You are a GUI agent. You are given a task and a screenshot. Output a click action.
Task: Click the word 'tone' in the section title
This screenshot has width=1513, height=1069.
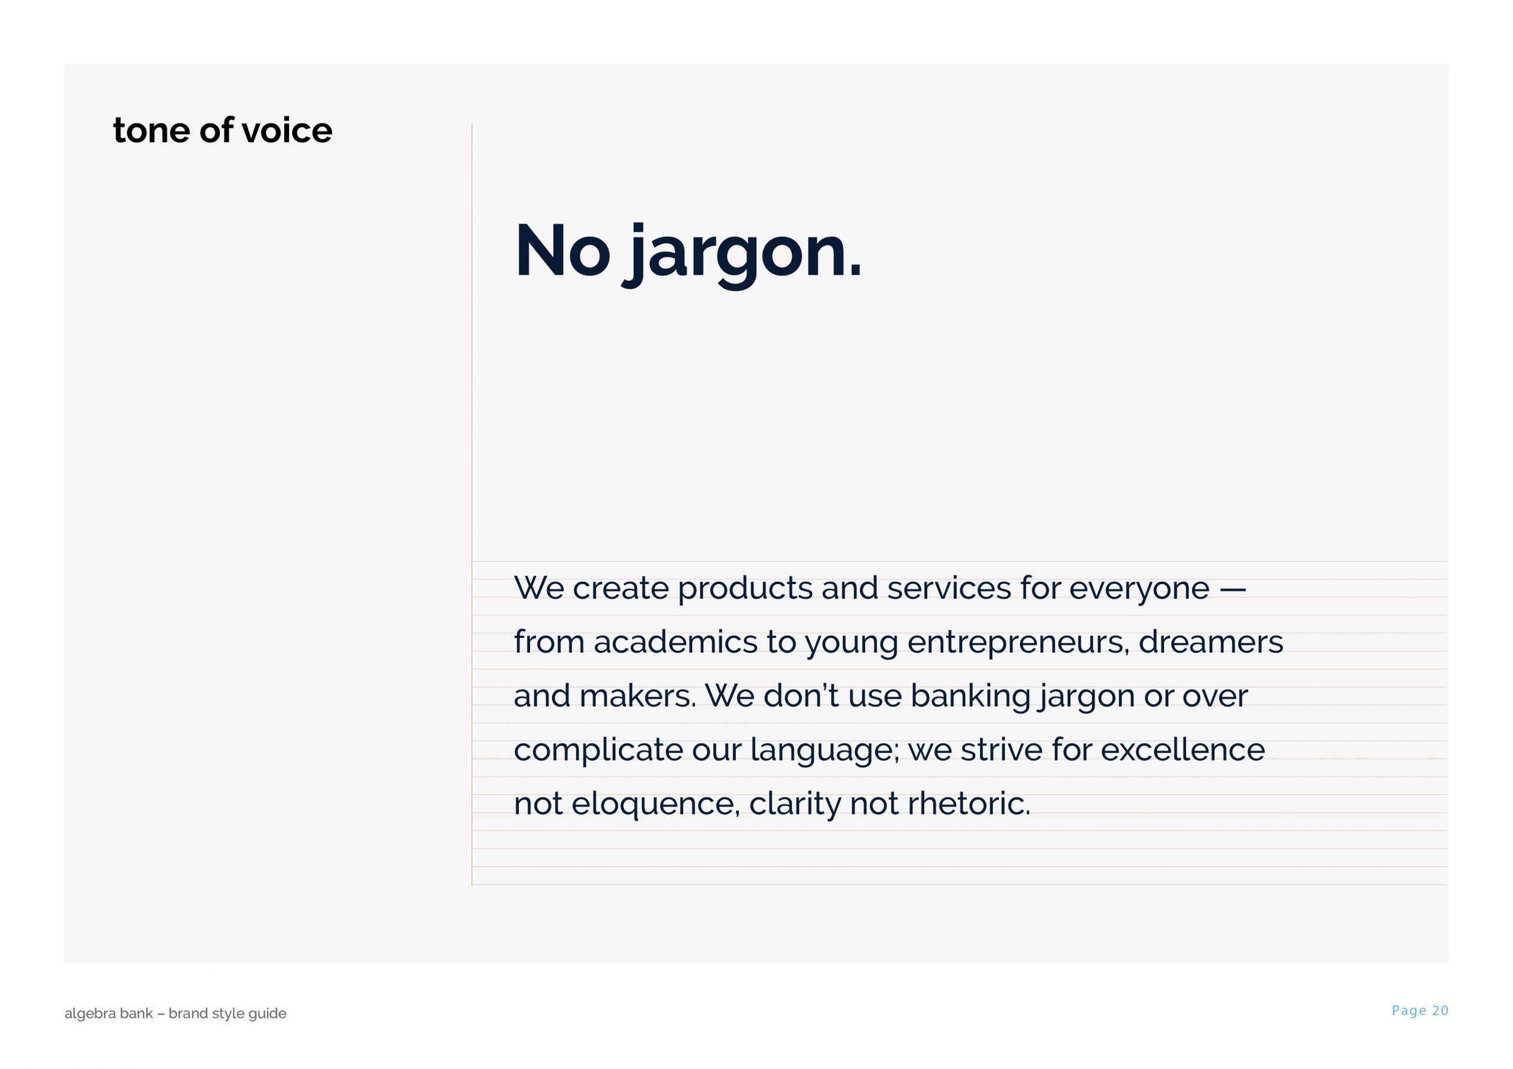tap(151, 131)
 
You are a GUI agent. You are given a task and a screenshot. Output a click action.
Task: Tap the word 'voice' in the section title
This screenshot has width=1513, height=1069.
tap(287, 131)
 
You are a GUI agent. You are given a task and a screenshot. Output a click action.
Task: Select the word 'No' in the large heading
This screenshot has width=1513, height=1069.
tap(562, 251)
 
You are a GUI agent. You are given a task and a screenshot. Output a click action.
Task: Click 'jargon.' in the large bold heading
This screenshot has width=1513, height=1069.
tap(742, 256)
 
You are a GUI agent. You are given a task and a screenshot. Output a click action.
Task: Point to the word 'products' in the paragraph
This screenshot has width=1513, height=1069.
tap(745, 589)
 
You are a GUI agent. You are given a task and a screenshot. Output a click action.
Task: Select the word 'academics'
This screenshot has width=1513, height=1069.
tap(676, 641)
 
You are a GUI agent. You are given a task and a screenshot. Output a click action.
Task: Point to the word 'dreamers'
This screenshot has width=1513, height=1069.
tap(1210, 641)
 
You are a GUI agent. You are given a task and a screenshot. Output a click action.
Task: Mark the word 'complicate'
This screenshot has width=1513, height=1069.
tap(598, 751)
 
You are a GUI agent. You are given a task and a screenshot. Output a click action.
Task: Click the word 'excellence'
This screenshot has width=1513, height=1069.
tap(1182, 749)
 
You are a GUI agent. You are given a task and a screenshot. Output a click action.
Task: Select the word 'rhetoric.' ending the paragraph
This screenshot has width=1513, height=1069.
tap(969, 804)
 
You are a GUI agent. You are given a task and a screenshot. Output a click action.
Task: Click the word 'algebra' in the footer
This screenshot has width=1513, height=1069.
tap(88, 1013)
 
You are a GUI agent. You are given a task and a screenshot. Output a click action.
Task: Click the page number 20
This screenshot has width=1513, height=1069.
tap(1440, 1011)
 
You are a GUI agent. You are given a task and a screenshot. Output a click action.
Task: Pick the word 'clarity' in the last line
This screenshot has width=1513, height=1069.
tap(795, 805)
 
